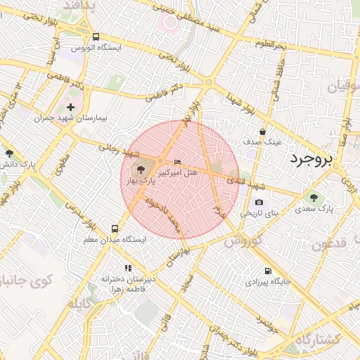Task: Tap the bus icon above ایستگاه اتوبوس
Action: coord(96,37)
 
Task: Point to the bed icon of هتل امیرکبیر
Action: coord(176,162)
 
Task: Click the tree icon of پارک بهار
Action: coord(139,169)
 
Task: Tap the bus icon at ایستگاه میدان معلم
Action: coord(115,229)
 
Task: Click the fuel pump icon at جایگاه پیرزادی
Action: coord(268,271)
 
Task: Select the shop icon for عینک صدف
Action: coord(263,131)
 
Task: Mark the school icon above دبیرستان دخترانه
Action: coord(128,268)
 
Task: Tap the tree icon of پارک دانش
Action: coord(9,153)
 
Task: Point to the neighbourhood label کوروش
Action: coord(243,240)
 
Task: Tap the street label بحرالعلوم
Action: coord(271,44)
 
